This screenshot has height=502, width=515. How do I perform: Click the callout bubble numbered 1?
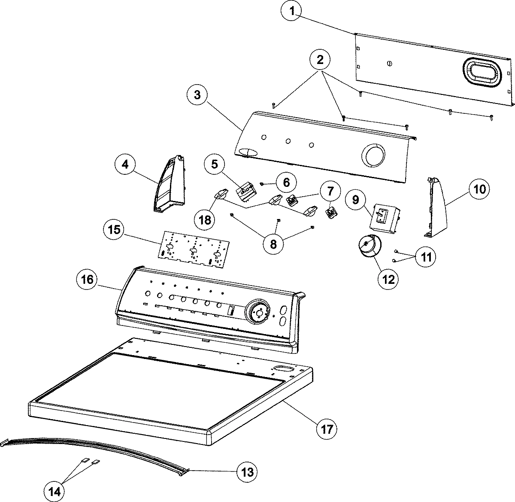click(292, 12)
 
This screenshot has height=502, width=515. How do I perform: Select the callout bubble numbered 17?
click(327, 429)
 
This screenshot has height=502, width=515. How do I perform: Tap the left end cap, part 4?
click(170, 185)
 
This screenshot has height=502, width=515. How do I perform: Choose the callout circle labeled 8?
click(273, 243)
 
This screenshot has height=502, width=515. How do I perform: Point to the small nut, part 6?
click(262, 184)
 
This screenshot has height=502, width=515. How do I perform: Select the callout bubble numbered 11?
click(425, 257)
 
